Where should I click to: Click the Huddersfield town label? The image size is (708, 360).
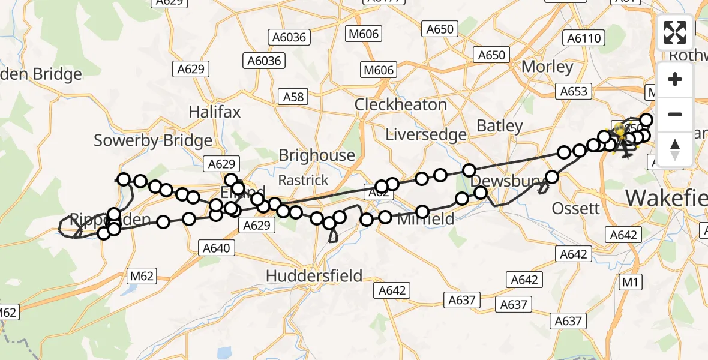(x=314, y=276)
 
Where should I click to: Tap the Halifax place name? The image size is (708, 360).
(x=214, y=112)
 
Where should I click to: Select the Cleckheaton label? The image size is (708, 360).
(x=400, y=104)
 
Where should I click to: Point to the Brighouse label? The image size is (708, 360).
(x=317, y=155)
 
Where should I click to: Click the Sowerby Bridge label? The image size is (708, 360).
(x=153, y=141)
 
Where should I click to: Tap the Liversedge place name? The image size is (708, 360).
(x=426, y=134)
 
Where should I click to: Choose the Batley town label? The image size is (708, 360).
(x=500, y=126)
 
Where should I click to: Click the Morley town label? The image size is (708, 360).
(x=547, y=67)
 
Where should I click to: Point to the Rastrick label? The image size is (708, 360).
(x=304, y=180)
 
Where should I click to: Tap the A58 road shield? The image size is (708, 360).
(x=295, y=96)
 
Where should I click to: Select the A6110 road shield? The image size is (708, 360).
(x=584, y=38)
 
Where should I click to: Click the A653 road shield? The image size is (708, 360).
(x=574, y=91)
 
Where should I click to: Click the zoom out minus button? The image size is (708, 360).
(x=675, y=114)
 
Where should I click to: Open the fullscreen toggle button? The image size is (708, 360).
(x=675, y=32)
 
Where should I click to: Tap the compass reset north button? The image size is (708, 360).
(x=675, y=149)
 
